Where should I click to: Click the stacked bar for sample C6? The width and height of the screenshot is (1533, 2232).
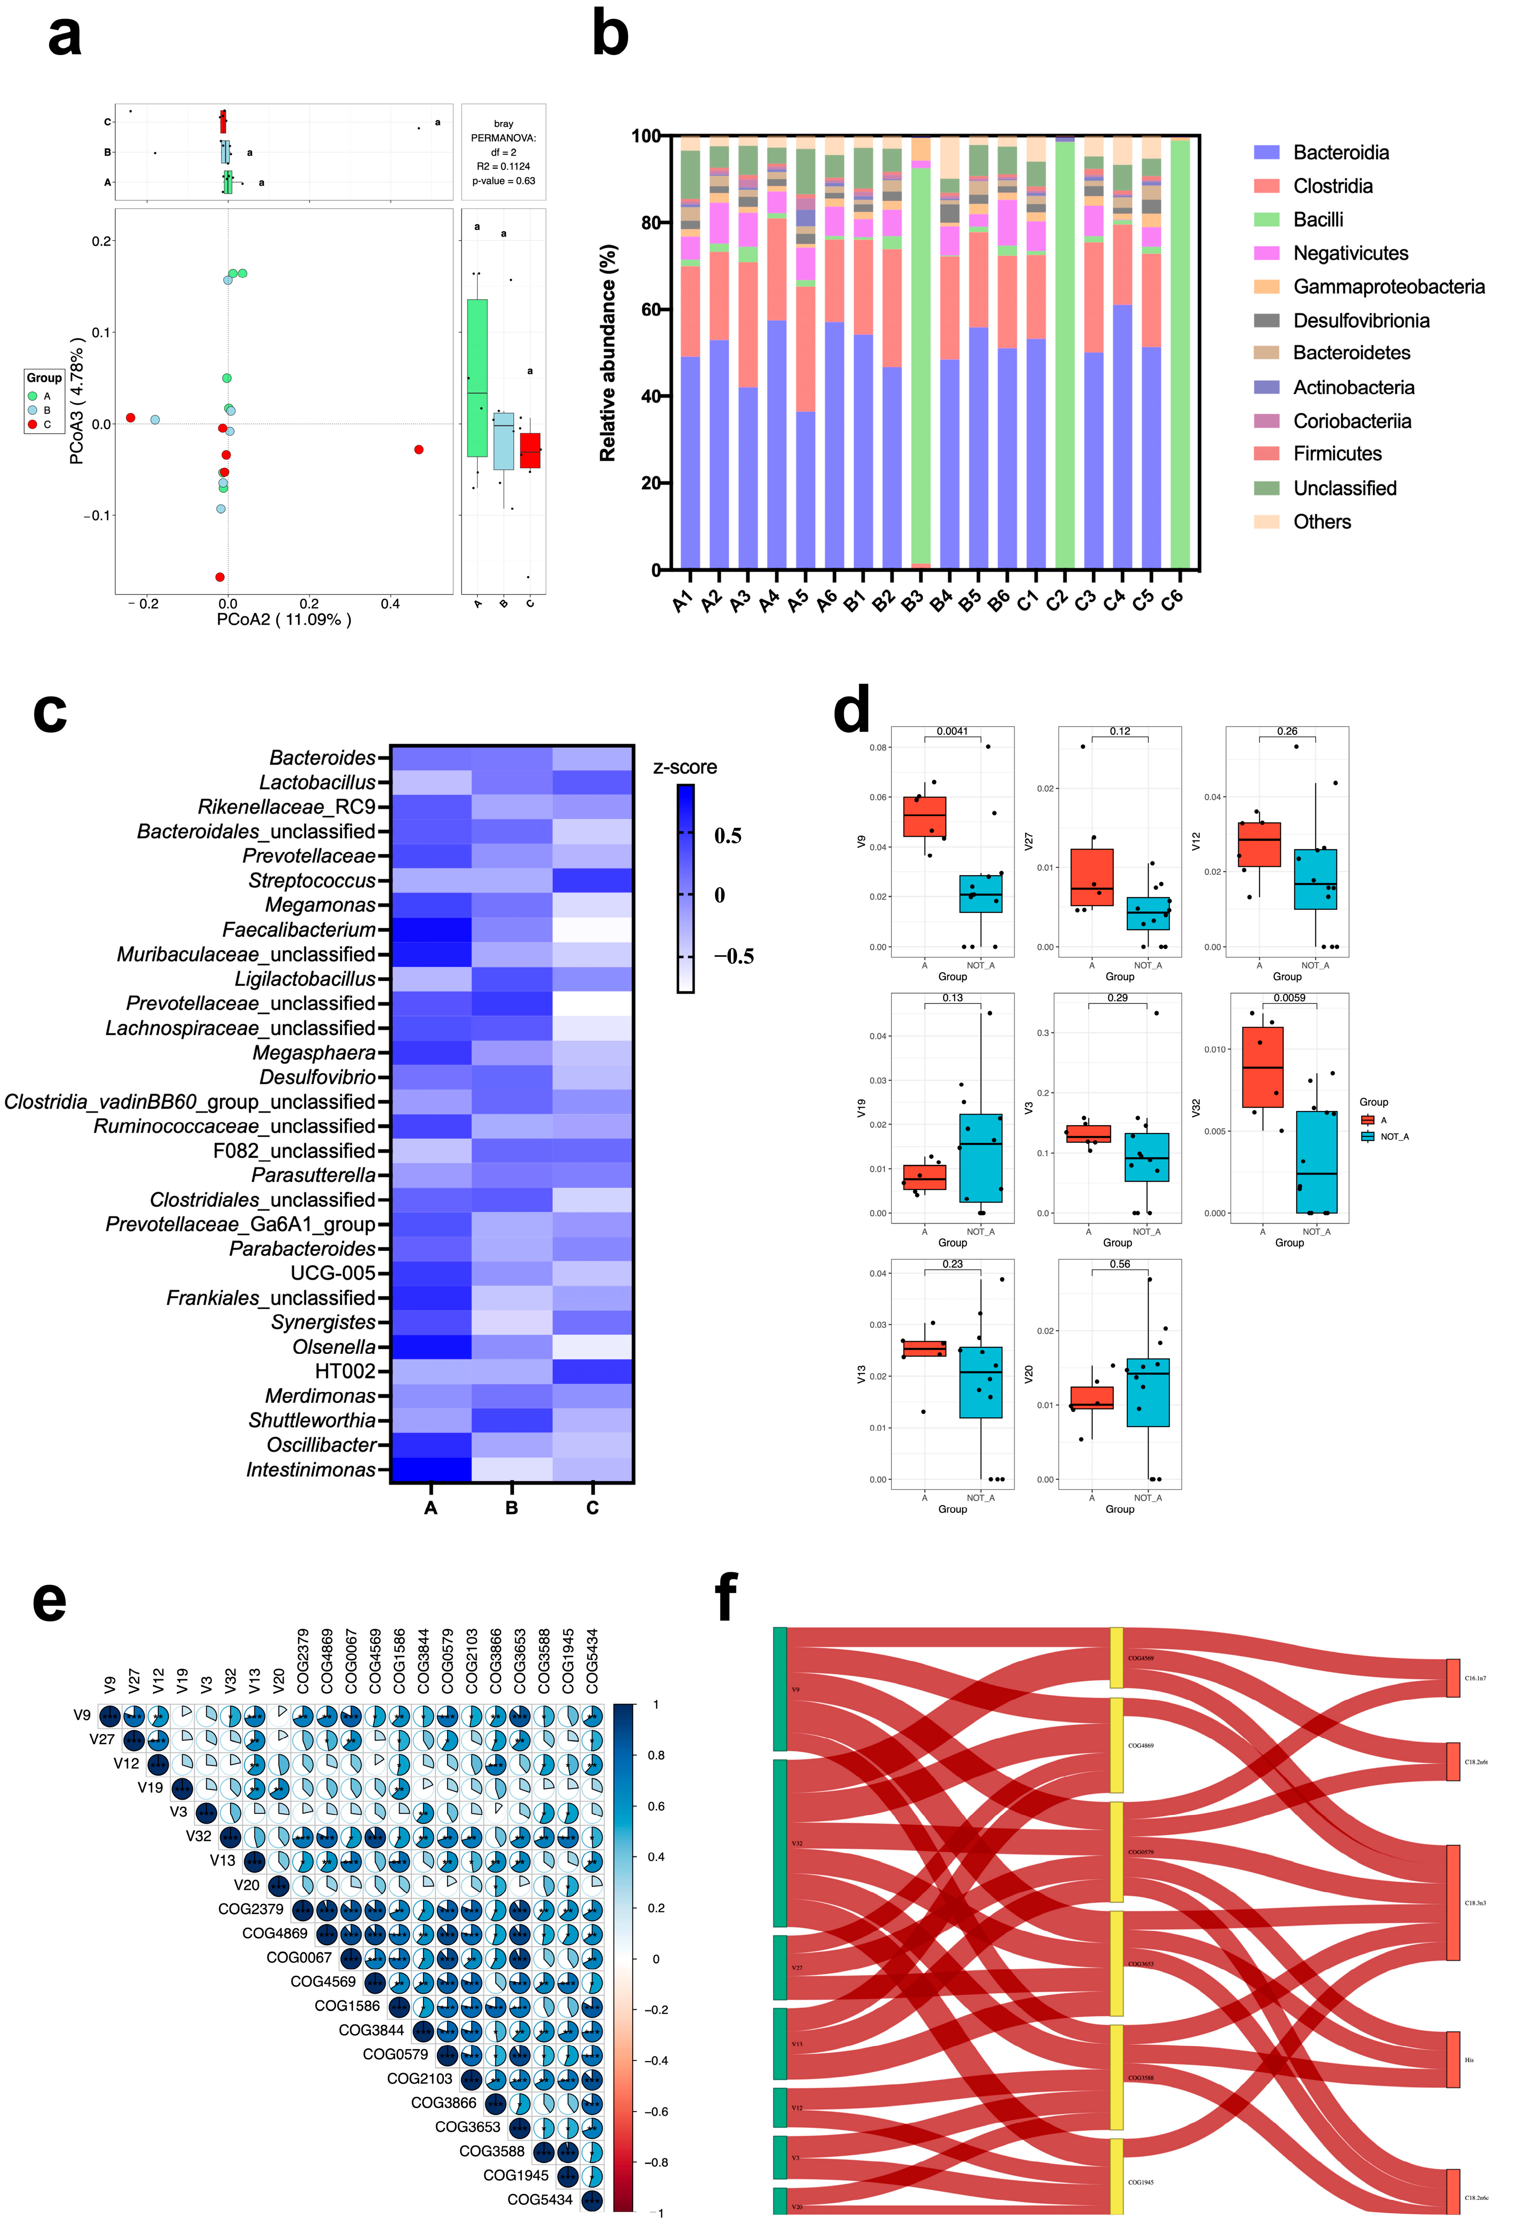tap(1180, 355)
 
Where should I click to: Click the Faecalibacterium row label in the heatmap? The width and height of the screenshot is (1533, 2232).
tap(299, 930)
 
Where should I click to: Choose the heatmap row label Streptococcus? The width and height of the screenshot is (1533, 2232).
tap(312, 881)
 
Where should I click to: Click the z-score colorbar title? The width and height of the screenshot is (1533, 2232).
tap(685, 767)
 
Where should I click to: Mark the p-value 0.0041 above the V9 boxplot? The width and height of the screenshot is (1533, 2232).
tap(952, 732)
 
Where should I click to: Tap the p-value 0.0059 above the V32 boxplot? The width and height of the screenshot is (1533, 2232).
tap(1289, 998)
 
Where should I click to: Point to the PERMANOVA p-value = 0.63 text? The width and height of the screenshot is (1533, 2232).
tap(503, 181)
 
